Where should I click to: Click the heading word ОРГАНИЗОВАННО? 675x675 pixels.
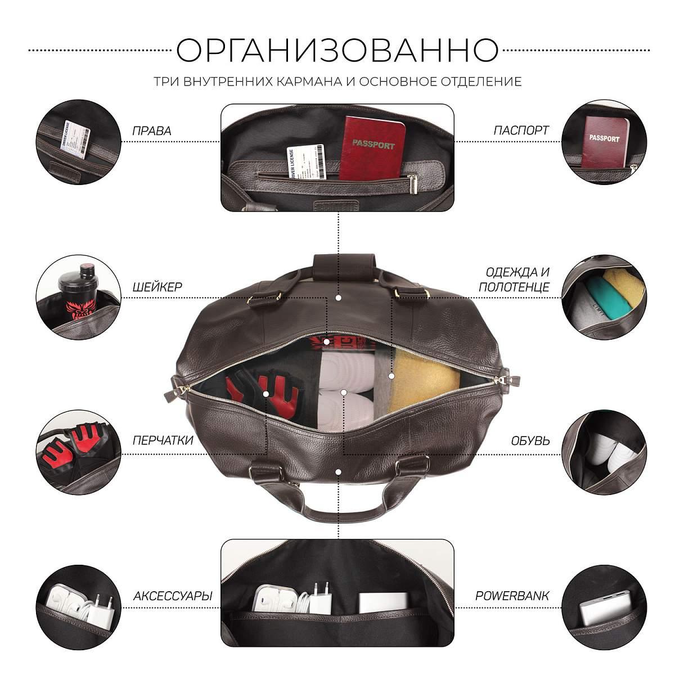(337, 50)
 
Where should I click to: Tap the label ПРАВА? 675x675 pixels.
(152, 131)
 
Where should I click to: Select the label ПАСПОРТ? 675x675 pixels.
(521, 130)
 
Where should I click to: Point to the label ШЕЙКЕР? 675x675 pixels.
(157, 287)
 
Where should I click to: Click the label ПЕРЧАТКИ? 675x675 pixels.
(163, 440)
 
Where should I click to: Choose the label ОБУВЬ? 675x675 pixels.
(530, 440)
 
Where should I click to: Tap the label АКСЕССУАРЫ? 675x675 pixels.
(173, 596)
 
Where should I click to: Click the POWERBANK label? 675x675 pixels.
(512, 596)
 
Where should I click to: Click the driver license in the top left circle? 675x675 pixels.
(75, 139)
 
